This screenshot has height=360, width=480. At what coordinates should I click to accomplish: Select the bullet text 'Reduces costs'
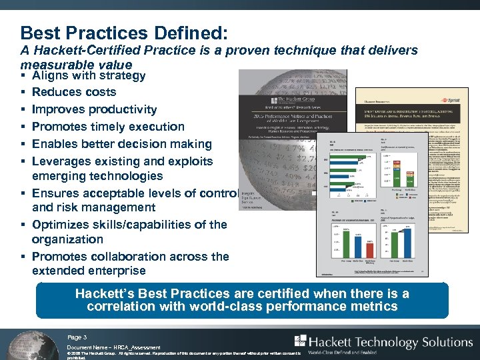coord(73,92)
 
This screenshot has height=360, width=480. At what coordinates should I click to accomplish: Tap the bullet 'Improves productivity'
coord(94,109)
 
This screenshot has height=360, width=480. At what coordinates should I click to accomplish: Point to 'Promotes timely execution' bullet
coord(108,127)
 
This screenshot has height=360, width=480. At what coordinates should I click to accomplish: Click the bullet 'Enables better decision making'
coord(121,144)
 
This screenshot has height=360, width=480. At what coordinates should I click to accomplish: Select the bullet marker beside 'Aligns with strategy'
coord(23,75)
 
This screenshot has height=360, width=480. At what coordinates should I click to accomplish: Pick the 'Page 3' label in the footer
coord(77,337)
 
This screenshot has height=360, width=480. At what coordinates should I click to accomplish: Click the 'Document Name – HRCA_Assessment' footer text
coord(113,348)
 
